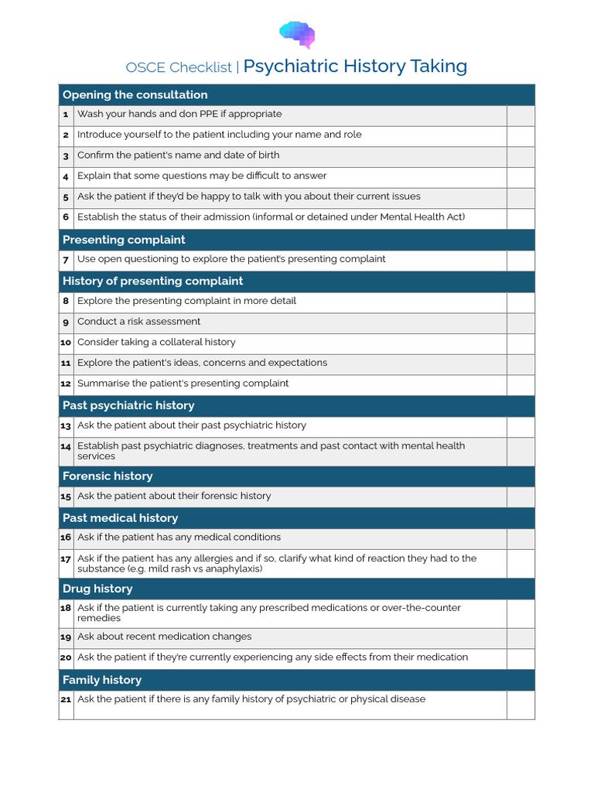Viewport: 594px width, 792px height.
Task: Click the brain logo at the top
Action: pyautogui.click(x=297, y=35)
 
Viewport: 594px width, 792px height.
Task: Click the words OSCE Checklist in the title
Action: pyautogui.click(x=179, y=67)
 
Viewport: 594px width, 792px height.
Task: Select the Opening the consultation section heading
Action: pyautogui.click(x=135, y=95)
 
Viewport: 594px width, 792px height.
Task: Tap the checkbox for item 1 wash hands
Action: pyautogui.click(x=520, y=114)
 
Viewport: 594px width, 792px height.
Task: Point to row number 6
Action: pyautogui.click(x=66, y=217)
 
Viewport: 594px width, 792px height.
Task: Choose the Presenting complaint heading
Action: pyautogui.click(x=124, y=240)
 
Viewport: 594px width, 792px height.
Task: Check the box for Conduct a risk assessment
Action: pyautogui.click(x=520, y=322)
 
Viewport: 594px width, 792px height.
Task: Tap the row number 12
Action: pyautogui.click(x=66, y=384)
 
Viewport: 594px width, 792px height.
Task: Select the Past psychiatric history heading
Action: pyautogui.click(x=128, y=405)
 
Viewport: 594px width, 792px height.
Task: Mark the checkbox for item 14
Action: pyautogui.click(x=520, y=451)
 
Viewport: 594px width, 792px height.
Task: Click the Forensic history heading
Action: pyautogui.click(x=108, y=476)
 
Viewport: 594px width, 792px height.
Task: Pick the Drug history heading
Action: pyautogui.click(x=97, y=589)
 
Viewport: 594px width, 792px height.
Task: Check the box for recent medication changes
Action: pyautogui.click(x=520, y=637)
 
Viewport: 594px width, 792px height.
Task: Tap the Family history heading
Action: pyautogui.click(x=102, y=680)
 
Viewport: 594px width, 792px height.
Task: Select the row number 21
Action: pyautogui.click(x=66, y=699)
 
